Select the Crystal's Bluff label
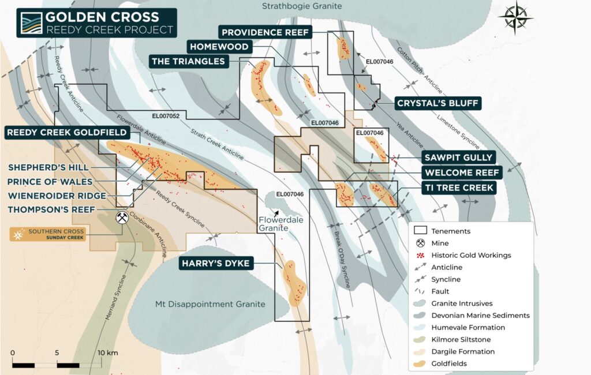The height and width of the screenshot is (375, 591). click(437, 104)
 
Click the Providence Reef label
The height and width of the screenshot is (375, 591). click(265, 32)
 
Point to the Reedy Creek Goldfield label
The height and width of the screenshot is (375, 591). click(67, 133)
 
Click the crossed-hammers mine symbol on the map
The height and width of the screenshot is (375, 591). click(122, 217)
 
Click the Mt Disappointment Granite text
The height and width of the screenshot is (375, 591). click(210, 304)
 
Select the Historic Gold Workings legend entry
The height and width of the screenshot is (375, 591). click(470, 255)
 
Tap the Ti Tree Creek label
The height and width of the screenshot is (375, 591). click(459, 187)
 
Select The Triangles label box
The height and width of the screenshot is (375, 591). click(188, 61)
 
